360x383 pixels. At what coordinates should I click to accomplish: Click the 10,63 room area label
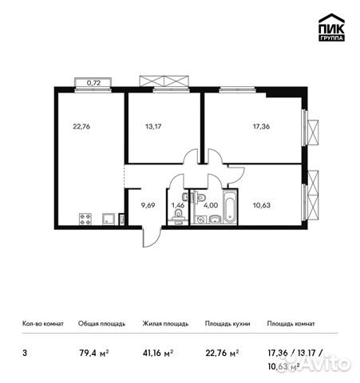point(260,204)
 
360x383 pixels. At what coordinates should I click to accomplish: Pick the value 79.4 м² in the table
point(92,349)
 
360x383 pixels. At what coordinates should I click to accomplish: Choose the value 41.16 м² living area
point(156,349)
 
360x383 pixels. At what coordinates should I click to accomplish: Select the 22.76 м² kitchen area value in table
point(221,349)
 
